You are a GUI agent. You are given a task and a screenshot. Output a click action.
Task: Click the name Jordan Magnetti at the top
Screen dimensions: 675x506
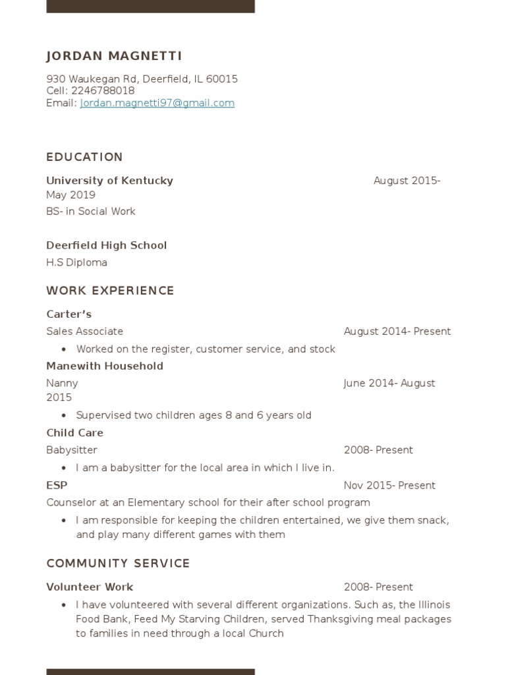tap(114, 56)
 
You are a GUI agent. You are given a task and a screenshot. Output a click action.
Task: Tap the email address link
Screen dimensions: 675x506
tap(157, 103)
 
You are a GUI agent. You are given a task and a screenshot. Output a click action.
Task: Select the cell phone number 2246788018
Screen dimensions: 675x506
tap(102, 91)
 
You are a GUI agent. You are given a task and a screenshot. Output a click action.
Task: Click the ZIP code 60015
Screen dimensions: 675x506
tap(222, 79)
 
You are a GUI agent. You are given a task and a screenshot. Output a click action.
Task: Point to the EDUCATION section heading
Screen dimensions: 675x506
tap(84, 157)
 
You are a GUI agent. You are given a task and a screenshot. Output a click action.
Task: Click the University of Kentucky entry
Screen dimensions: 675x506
tap(109, 181)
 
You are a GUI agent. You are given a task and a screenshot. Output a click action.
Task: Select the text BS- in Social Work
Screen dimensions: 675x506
tap(90, 212)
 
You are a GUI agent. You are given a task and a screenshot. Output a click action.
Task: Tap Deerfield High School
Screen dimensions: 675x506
tap(106, 245)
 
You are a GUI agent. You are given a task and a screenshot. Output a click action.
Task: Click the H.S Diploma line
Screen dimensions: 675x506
tap(76, 262)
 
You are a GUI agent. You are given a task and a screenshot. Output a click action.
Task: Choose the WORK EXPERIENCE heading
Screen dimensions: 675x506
tap(110, 291)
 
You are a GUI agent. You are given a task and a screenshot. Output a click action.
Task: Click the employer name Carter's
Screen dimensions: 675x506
tap(69, 314)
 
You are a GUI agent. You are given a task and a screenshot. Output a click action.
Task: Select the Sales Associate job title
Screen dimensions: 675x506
tap(84, 332)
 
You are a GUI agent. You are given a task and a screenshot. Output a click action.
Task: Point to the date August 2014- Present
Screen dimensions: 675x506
tap(397, 332)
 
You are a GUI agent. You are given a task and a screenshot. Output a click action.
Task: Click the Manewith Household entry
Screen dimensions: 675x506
tap(104, 366)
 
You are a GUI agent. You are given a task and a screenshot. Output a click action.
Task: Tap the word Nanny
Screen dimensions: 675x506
tap(62, 383)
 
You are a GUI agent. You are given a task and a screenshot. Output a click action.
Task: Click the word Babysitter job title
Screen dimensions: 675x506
tap(71, 450)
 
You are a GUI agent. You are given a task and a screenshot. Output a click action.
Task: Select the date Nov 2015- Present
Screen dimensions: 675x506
tap(389, 486)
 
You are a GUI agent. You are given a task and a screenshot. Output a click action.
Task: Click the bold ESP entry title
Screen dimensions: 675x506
tap(57, 485)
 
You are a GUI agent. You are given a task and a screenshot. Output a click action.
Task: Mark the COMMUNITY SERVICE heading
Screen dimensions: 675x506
tap(118, 564)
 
